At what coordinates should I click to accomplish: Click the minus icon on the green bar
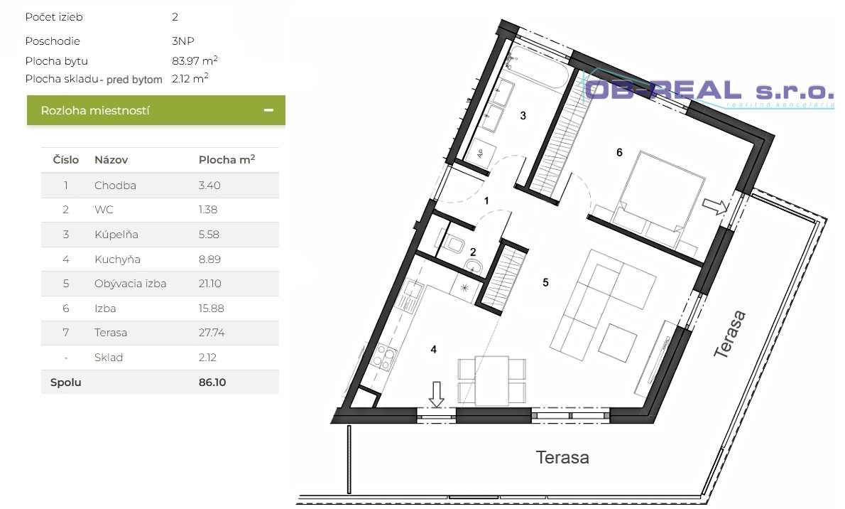[268, 110]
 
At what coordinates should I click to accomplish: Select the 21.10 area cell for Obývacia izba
[209, 284]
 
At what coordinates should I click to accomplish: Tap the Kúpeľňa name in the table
[116, 235]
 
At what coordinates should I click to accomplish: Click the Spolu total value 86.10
[212, 382]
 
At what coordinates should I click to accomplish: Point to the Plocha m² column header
[227, 159]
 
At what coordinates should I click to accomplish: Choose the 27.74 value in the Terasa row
[212, 333]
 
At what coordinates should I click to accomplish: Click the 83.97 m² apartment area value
[195, 60]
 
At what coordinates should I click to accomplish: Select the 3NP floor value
[182, 41]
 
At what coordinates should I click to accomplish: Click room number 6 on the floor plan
[619, 153]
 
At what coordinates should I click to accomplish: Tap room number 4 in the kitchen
[433, 350]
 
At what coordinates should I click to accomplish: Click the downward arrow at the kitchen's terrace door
[437, 395]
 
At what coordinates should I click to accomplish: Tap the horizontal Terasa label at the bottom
[562, 458]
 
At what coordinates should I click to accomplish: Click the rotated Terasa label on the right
[730, 334]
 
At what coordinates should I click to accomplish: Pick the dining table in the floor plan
[491, 380]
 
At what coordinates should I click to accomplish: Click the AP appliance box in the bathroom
[481, 151]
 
